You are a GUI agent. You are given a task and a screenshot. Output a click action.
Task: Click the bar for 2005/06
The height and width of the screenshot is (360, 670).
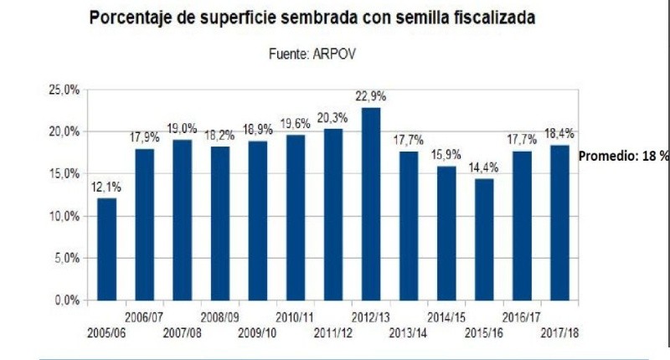[x=106, y=249]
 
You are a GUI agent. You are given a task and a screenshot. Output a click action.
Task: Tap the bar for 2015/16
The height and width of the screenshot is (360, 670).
[x=483, y=239]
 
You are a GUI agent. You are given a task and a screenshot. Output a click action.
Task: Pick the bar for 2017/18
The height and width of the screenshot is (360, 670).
[x=559, y=223]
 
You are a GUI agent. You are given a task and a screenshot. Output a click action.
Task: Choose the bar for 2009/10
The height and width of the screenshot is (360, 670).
[x=258, y=220]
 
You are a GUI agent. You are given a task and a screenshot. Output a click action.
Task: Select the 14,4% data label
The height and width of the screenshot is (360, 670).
[x=483, y=168]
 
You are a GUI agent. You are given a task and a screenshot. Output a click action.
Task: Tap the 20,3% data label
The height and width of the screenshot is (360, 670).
[x=332, y=118]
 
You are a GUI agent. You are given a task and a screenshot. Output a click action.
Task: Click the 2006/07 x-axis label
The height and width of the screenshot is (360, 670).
[x=145, y=317]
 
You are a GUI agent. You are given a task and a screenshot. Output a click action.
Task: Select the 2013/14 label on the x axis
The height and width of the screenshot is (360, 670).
[x=408, y=332]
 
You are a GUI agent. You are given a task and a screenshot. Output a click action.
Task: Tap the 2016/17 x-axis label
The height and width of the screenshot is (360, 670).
[x=522, y=317]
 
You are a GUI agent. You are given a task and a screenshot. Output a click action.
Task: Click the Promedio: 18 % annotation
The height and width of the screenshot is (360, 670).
[x=624, y=157]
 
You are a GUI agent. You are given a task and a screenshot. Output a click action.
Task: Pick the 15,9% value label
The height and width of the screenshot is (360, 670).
[x=446, y=156]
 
